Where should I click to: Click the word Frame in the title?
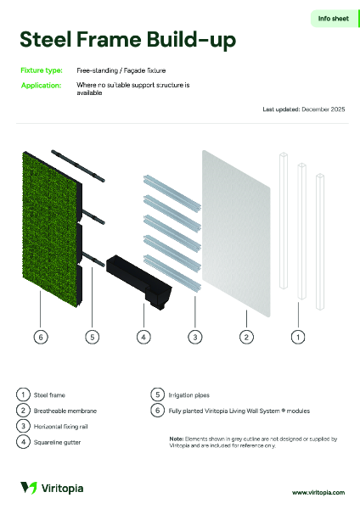pyautogui.click(x=109, y=39)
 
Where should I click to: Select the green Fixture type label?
pyautogui.click(x=42, y=70)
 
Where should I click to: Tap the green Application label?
pyautogui.click(x=41, y=86)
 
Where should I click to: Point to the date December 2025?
pyautogui.click(x=323, y=109)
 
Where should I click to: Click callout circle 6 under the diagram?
pyautogui.click(x=41, y=337)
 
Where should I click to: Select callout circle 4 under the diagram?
pyautogui.click(x=143, y=337)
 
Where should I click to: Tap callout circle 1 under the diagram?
pyautogui.click(x=298, y=337)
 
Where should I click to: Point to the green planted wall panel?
pyautogui.click(x=50, y=229)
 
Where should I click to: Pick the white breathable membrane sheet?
pyautogui.click(x=236, y=233)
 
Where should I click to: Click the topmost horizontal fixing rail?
pyautogui.click(x=172, y=193)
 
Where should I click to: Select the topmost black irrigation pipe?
pyautogui.click(x=78, y=165)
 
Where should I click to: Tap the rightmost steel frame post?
pyautogui.click(x=320, y=242)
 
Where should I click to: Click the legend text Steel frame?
pyautogui.click(x=49, y=395)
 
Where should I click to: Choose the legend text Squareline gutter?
pyautogui.click(x=57, y=442)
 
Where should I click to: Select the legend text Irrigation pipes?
pyautogui.click(x=188, y=395)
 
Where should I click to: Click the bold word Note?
pyautogui.click(x=177, y=439)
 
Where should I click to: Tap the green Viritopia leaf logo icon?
pyautogui.click(x=29, y=488)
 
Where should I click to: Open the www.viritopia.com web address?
pyautogui.click(x=318, y=492)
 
